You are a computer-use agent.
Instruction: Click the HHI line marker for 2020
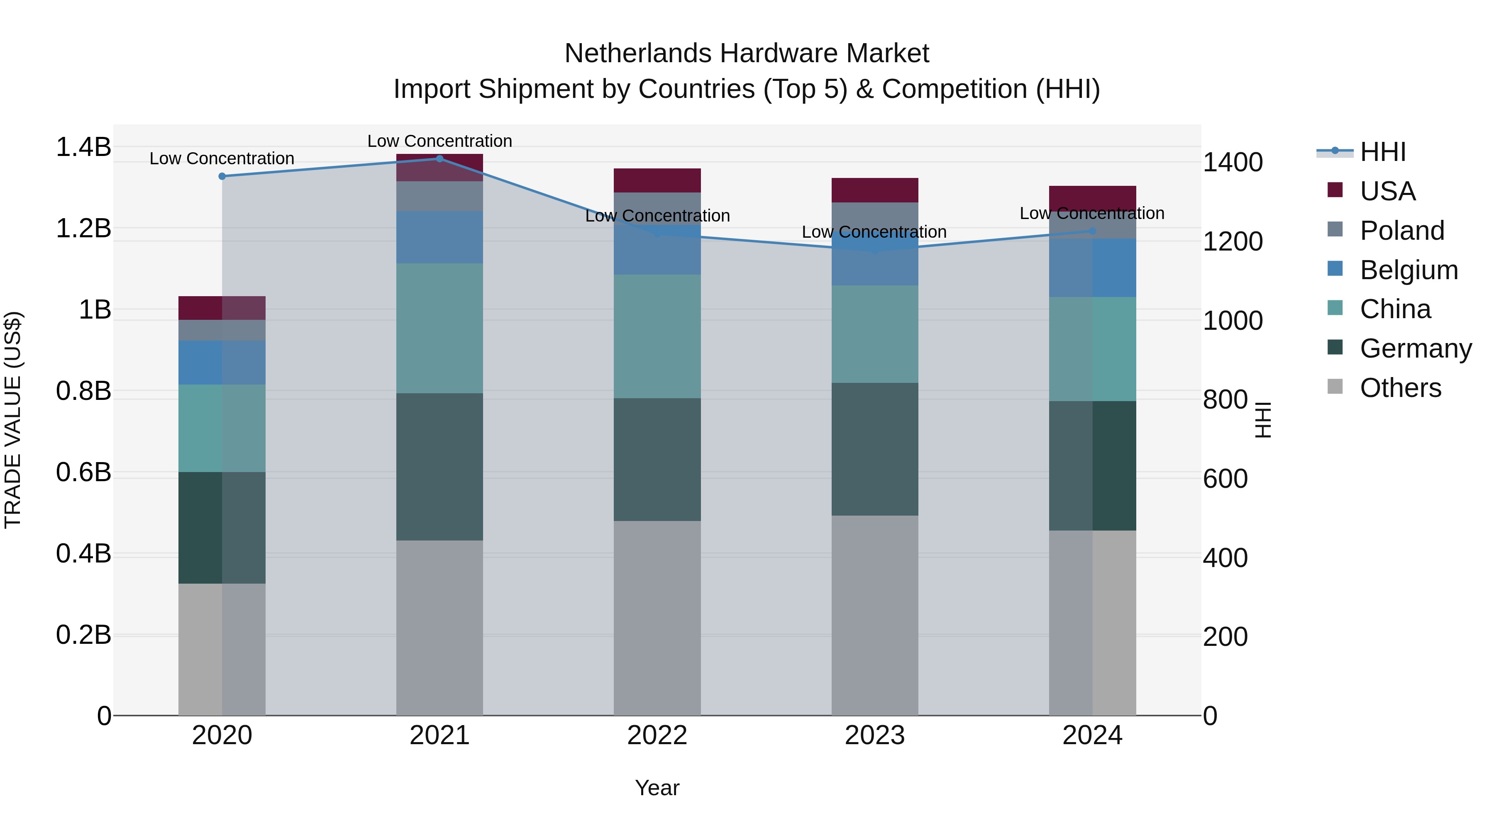pos(222,176)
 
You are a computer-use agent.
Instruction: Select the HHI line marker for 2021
pos(439,159)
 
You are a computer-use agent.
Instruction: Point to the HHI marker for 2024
pos(1093,231)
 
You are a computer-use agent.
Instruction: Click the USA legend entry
pos(1387,191)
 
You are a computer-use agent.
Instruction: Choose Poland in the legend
pos(1402,231)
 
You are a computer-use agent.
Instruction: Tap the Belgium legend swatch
pos(1335,269)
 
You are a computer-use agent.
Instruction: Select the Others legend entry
pos(1400,388)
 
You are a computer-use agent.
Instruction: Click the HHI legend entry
pos(1383,152)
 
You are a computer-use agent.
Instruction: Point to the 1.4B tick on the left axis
pos(83,147)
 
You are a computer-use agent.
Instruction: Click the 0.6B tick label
pos(83,472)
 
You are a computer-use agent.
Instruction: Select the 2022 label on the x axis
pos(657,735)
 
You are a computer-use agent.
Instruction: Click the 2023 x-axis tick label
pos(874,735)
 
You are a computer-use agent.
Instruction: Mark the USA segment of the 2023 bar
pos(874,190)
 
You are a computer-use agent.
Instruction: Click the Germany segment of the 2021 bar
pos(439,467)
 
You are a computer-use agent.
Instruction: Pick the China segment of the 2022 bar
pos(657,336)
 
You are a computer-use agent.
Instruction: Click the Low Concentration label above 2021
pos(439,141)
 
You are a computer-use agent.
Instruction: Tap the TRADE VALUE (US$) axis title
pos(13,420)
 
